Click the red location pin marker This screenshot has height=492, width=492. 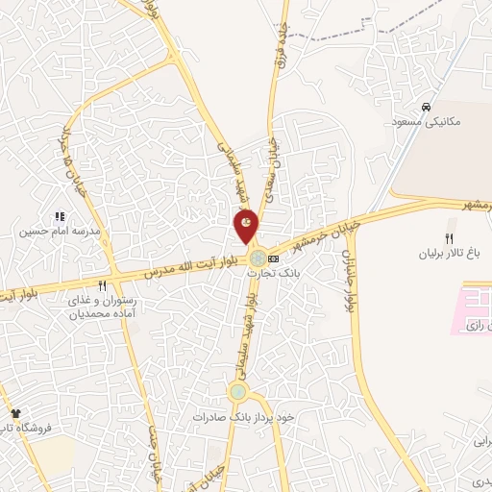[247, 226]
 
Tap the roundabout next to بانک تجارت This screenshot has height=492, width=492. [258, 258]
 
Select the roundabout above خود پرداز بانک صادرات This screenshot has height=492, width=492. [237, 391]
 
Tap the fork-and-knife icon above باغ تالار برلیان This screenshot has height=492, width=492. [448, 238]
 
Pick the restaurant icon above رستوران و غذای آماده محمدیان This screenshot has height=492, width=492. [103, 285]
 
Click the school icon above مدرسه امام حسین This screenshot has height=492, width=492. [59, 217]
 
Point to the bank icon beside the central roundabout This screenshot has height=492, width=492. [274, 258]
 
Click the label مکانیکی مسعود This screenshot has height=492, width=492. [428, 122]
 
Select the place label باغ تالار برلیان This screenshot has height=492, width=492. [447, 255]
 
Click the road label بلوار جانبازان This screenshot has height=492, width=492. [348, 273]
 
